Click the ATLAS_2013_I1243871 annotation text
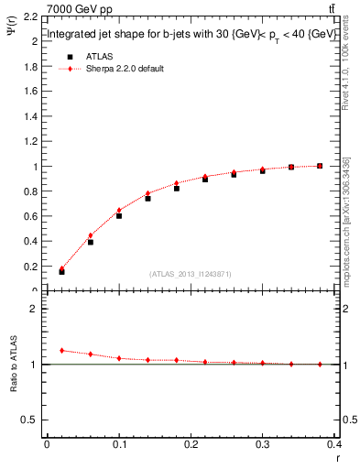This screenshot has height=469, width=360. (190, 274)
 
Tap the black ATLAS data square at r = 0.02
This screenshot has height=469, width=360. (61, 271)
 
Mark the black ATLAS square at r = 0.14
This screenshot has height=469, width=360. (147, 198)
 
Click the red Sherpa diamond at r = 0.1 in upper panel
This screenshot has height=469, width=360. (119, 210)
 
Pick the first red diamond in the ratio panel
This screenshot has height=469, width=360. (61, 350)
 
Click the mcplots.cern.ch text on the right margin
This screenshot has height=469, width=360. (346, 247)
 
